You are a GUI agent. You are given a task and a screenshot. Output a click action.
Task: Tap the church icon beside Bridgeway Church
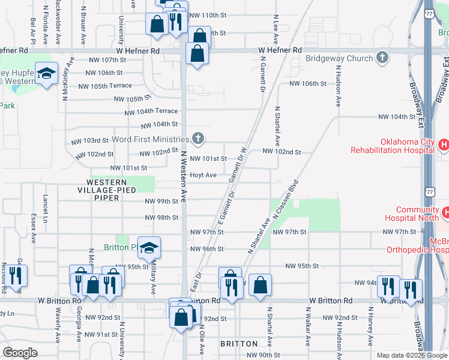coord(381,58)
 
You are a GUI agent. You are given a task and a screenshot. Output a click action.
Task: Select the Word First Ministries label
coord(151,139)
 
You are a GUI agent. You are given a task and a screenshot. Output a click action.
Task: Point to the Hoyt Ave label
coord(203,175)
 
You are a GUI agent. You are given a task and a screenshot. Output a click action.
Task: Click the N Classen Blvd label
coord(285,199)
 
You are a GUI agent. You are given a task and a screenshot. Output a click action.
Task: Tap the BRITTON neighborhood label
coord(239,344)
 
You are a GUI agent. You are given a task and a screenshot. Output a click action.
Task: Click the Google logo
coord(20,353)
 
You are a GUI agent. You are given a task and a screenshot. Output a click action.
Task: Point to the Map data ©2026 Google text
coord(411,355)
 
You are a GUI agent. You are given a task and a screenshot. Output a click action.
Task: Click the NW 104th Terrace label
coord(151,112)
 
